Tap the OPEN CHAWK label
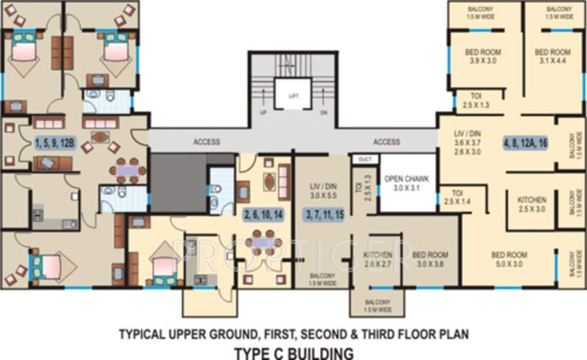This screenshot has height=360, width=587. pyautogui.click(x=407, y=183)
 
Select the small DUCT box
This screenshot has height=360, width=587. pyautogui.click(x=365, y=159)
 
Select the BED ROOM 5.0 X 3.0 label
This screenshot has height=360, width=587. pyautogui.click(x=509, y=259)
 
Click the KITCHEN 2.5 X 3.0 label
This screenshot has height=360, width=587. pyautogui.click(x=531, y=204)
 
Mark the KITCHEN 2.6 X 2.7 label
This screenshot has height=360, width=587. pyautogui.click(x=378, y=259)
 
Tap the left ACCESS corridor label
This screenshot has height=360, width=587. pyautogui.click(x=207, y=142)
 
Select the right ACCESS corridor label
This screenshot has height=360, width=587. pyautogui.click(x=387, y=142)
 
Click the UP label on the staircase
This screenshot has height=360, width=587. pyautogui.click(x=263, y=113)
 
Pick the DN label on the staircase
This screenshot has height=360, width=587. pyautogui.click(x=323, y=113)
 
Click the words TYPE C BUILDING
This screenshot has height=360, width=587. pyautogui.click(x=293, y=353)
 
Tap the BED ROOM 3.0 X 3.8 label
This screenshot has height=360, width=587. pyautogui.click(x=430, y=259)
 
